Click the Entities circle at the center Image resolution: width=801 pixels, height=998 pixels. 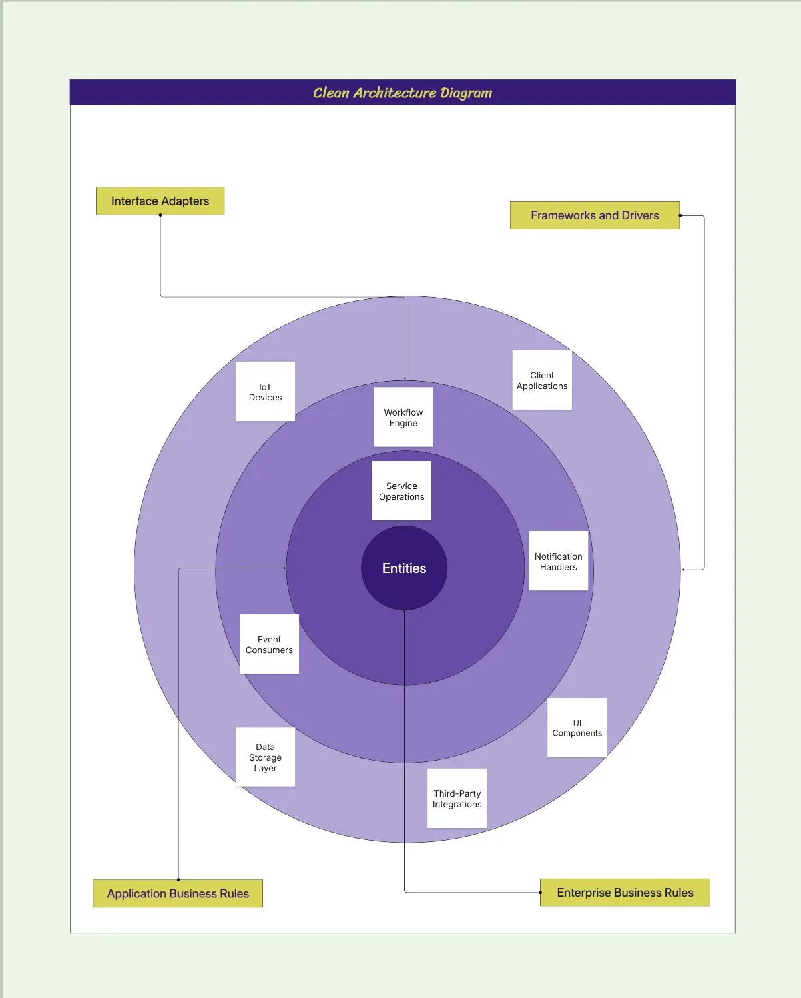point(403,568)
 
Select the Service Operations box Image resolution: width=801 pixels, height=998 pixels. point(401,491)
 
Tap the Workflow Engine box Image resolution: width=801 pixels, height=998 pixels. point(403,418)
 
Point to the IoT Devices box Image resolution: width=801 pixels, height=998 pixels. point(265,392)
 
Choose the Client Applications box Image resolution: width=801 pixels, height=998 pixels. point(542,380)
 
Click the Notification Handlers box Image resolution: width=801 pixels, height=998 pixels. point(558,561)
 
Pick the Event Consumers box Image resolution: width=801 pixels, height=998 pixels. point(269,644)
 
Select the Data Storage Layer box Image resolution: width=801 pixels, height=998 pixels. point(265,757)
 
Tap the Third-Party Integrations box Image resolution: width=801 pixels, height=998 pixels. point(457,799)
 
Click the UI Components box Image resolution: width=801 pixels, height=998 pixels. point(577,728)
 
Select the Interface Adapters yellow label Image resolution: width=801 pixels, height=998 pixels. point(160,201)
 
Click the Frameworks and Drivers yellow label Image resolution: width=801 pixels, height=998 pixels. point(595,215)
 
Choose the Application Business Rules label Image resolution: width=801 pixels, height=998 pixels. point(178,893)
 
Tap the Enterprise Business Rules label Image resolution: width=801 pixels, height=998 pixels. point(625,893)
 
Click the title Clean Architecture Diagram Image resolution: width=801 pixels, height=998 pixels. point(402,93)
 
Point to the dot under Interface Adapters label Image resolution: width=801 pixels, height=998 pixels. point(160,215)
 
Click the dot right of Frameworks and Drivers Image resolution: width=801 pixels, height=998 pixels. point(680,215)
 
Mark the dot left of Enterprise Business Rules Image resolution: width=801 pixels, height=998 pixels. point(540,893)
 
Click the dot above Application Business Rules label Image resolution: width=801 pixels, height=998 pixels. point(178,879)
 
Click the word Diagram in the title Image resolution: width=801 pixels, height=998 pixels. point(466,93)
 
